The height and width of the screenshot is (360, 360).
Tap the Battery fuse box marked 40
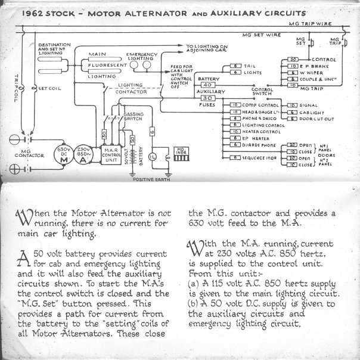click(x=208, y=85)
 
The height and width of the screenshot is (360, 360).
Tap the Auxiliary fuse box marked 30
click(x=208, y=98)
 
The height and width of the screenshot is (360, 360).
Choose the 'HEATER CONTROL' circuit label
click(x=259, y=131)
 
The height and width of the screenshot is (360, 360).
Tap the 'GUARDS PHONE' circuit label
click(x=258, y=144)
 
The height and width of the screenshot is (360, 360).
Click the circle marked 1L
click(x=153, y=156)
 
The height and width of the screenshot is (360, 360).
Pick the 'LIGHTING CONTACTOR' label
click(x=132, y=89)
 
